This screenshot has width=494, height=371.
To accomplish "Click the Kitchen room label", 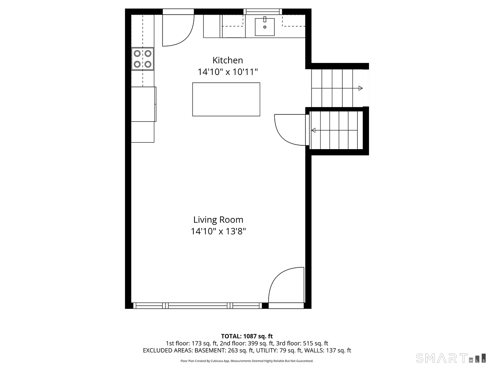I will (228, 60).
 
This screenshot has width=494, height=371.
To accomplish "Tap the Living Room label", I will (218, 220).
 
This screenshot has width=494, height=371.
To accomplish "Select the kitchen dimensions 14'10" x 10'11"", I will (227, 72).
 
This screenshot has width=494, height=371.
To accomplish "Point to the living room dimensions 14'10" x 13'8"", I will (218, 231).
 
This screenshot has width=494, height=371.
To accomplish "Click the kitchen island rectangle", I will (226, 99).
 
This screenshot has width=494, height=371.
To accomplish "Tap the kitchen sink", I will (265, 27).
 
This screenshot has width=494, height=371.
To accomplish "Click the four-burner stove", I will (142, 59).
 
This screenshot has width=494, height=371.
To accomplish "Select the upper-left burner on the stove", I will (137, 53).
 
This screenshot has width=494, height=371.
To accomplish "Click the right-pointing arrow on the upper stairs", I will (360, 88).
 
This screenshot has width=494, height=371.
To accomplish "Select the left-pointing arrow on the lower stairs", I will (313, 130).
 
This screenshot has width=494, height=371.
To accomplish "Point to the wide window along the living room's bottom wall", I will (198, 305).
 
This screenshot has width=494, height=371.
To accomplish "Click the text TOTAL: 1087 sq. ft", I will (247, 336).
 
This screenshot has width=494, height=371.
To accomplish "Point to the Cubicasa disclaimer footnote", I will (247, 361).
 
